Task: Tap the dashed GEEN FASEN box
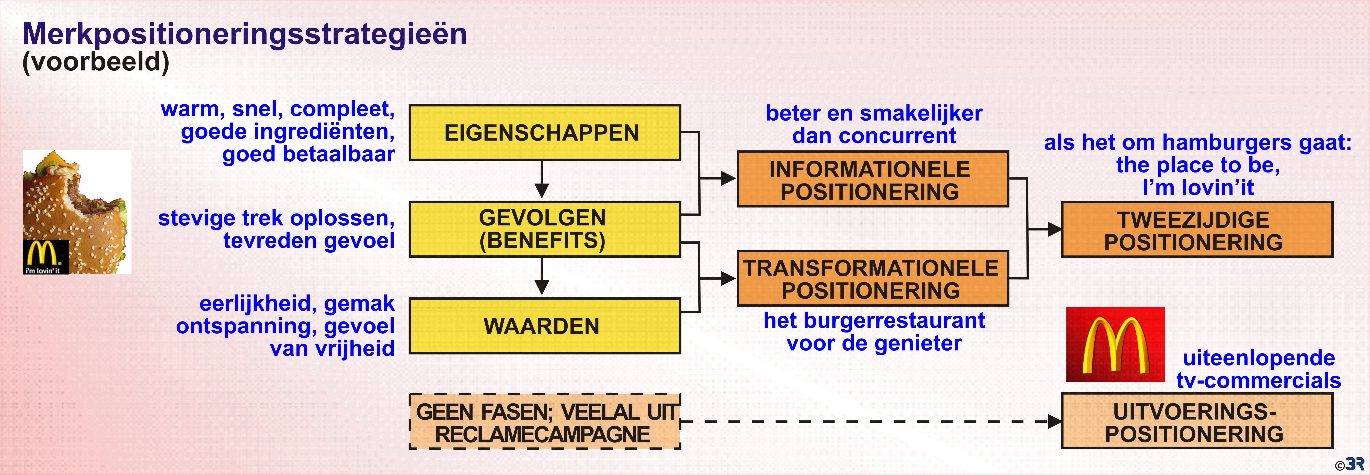(x=545, y=422)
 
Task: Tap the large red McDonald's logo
(x=1115, y=344)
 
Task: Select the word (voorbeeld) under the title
(x=96, y=62)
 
